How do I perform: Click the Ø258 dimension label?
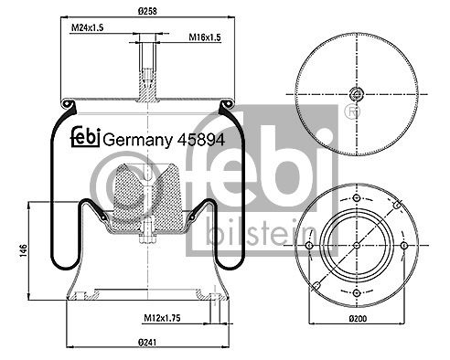click(147, 11)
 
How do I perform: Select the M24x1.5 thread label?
click(87, 27)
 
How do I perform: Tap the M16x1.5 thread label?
click(205, 37)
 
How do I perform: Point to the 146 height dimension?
click(24, 250)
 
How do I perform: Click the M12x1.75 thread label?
click(162, 318)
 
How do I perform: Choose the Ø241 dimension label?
click(147, 343)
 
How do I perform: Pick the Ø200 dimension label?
click(358, 319)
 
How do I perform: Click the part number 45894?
click(201, 140)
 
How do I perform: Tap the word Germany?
click(137, 141)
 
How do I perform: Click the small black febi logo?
click(86, 137)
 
